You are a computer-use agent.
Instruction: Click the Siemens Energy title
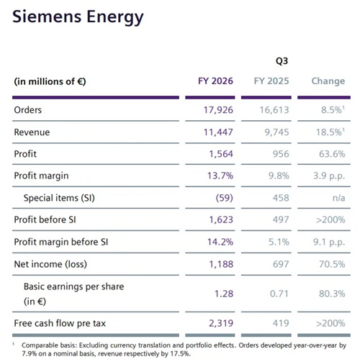pos(78,17)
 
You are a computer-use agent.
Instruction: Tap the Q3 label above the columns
pos(282,61)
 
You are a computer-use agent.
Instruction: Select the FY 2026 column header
pos(215,81)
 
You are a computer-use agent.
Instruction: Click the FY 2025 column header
pos(271,81)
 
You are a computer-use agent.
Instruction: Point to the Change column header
pos(328,81)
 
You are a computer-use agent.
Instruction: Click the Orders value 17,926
pos(218,110)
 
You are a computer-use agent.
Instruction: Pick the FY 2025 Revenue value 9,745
pos(276,132)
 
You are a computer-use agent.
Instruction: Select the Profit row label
pos(25,154)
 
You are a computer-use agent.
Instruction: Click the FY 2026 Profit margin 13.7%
pos(220,176)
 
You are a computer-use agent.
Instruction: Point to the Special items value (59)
pos(225,198)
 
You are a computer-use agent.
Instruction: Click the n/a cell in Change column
pos(339,198)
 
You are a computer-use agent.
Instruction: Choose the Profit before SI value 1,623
pos(221,220)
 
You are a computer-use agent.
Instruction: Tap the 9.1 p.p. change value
pos(329,243)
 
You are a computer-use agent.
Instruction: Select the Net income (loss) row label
pos(50,264)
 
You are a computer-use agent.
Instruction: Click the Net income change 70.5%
pos(332,264)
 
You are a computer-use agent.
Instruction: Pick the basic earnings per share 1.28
pos(224,294)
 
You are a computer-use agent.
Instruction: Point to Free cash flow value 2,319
pos(221,323)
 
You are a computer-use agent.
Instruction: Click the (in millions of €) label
pos(50,81)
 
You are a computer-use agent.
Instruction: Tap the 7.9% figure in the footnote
pos(29,353)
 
